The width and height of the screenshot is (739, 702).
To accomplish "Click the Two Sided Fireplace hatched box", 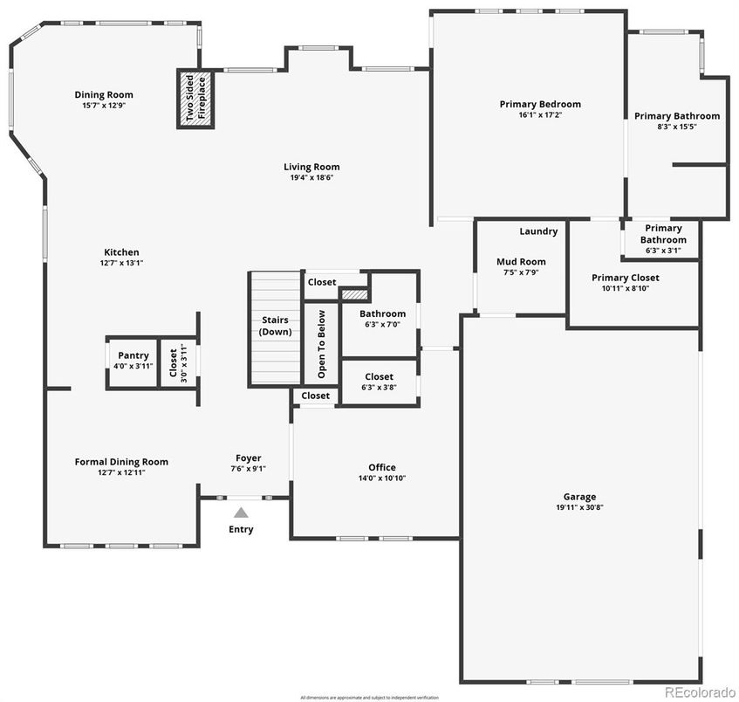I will point(195,99).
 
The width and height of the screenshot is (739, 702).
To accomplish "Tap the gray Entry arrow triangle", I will point(241,513).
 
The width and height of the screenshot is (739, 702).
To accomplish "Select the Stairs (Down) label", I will point(275,326).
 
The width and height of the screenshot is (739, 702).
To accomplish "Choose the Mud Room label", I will point(521,262).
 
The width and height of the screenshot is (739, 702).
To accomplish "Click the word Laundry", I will point(538,231).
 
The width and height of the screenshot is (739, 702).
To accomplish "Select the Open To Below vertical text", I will point(321,342).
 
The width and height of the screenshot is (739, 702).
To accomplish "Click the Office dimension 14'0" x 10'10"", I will point(381,478).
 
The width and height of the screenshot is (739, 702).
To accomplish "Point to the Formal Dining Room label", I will point(121,462).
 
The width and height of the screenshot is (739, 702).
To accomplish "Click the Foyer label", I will point(248,458).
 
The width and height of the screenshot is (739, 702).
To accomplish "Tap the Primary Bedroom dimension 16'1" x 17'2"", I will point(539,114).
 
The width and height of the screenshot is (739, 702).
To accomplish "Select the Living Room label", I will point(311,167).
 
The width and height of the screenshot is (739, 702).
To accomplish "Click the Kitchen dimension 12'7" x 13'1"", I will point(121,263).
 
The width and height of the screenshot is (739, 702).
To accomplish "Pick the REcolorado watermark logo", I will point(700,692).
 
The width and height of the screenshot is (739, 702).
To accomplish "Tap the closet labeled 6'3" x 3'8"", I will point(379,387).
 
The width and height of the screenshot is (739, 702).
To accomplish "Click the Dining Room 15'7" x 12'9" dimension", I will point(103,106).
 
